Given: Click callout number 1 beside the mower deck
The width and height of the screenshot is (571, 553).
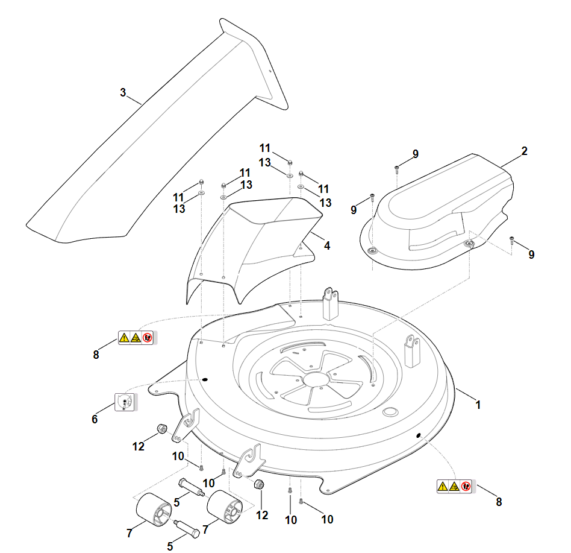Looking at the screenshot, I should click(x=478, y=405).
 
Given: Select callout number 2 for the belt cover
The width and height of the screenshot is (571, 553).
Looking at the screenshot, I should click(x=524, y=151).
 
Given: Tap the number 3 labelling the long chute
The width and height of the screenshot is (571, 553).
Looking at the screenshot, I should click(x=123, y=93).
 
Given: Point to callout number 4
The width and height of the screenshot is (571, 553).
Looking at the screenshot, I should click(x=326, y=246).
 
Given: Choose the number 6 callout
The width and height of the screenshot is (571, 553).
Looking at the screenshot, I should click(x=95, y=419).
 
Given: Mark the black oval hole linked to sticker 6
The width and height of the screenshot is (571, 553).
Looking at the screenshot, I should click(x=205, y=380).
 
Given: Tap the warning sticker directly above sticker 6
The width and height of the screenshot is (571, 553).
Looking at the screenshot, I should click(x=136, y=338).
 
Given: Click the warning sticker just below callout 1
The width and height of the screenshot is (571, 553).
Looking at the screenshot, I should click(x=455, y=486).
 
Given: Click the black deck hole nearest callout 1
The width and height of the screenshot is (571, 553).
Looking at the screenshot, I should click(x=417, y=435).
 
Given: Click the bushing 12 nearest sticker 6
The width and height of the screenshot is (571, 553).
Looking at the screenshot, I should click(x=161, y=429).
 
